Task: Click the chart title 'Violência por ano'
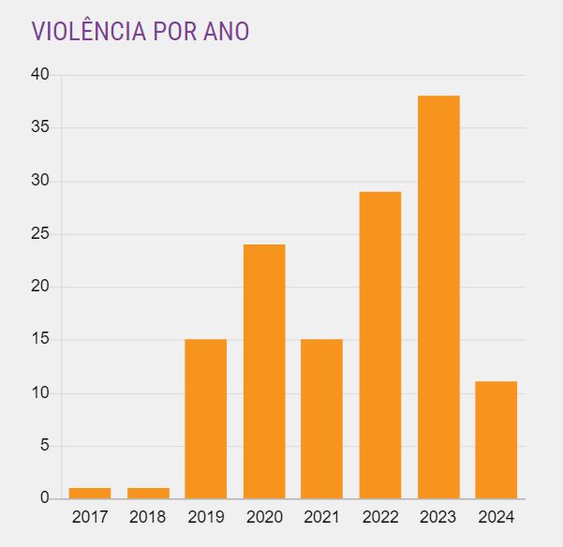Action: [141, 31]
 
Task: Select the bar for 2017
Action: [90, 493]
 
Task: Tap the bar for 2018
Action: [148, 493]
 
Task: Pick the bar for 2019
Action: [206, 419]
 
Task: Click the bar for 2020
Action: [264, 372]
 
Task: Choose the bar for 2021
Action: [321, 419]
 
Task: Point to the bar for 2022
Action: [379, 345]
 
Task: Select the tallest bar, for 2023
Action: [438, 297]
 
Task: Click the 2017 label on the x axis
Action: [90, 516]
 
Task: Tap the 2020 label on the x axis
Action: [264, 516]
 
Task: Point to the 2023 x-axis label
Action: [438, 516]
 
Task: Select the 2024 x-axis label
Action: [496, 516]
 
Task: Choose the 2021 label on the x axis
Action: [321, 516]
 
